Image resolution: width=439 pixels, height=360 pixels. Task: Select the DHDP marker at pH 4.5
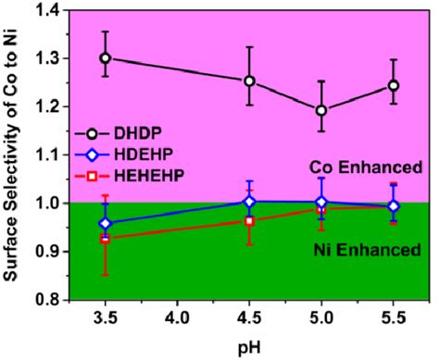[x=249, y=81]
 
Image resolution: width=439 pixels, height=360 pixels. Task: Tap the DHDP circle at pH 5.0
[x=321, y=110]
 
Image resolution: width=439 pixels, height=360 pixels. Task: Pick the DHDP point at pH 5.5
[x=394, y=85]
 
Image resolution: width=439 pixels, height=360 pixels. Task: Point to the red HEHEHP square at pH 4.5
[x=249, y=220]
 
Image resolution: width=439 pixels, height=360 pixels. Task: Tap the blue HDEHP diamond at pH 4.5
[x=249, y=201]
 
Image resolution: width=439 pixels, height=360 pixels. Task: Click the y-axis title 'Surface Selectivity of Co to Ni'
[x=13, y=153]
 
